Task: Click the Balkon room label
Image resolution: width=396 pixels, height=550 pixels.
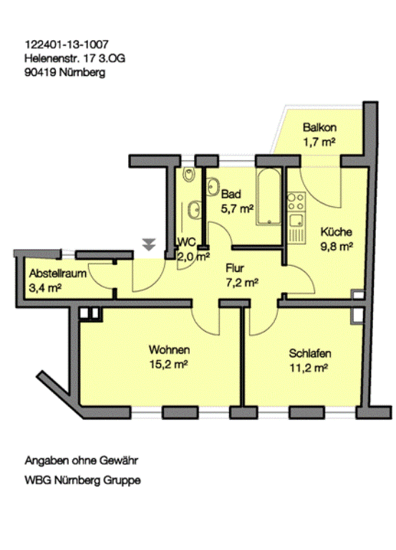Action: point(319,127)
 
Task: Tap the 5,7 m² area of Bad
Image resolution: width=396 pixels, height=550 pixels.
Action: point(237,209)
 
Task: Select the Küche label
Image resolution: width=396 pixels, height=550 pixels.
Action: point(337,232)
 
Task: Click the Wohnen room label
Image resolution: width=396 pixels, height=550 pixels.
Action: point(170,349)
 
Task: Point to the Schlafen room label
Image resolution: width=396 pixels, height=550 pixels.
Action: point(310,353)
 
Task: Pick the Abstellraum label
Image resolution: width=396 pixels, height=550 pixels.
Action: point(58,274)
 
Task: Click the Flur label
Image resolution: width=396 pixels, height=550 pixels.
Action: point(235,269)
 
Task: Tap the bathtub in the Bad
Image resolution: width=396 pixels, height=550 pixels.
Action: point(269,197)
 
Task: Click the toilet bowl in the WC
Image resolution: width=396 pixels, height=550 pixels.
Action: point(189,174)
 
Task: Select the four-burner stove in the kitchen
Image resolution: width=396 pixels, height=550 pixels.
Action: point(296,202)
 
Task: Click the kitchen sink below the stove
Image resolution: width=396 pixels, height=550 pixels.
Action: point(296,221)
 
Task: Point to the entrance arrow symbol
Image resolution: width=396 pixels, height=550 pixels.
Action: point(149,244)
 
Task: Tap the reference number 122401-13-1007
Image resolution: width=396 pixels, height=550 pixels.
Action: point(67,44)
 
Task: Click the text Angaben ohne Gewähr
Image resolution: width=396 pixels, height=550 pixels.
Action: point(82,460)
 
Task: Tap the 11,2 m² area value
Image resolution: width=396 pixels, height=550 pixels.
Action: point(309,368)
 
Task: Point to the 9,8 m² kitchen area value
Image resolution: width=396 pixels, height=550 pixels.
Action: point(337,246)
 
